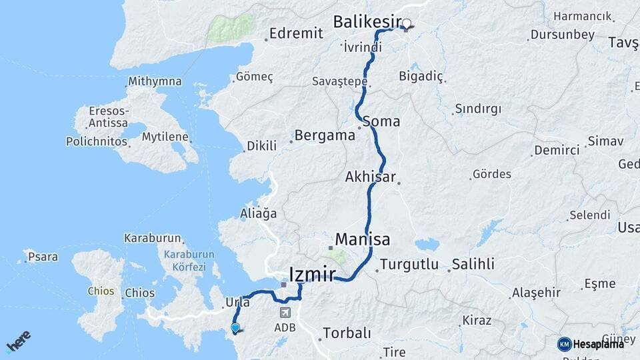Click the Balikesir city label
(x=366, y=22)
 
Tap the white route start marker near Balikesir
(x=406, y=23)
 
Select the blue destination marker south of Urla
(x=235, y=327)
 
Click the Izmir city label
(x=312, y=273)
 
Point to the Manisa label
(x=363, y=239)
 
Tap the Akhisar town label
(x=371, y=177)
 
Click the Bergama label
(x=325, y=135)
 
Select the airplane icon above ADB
(x=285, y=312)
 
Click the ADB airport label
(x=285, y=327)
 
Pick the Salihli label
(x=473, y=264)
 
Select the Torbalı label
(x=346, y=333)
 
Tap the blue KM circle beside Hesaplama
(x=564, y=344)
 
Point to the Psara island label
(x=43, y=257)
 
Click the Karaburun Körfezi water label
(x=190, y=260)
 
